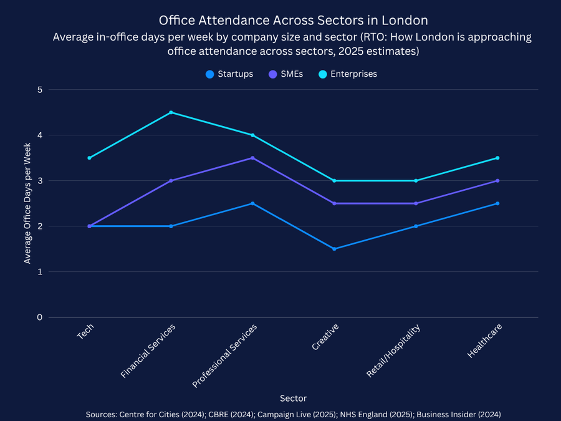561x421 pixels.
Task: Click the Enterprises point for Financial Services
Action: (171, 112)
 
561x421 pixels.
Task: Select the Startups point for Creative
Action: (334, 249)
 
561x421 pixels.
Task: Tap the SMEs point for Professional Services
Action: (252, 158)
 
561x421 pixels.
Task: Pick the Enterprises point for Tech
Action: (89, 158)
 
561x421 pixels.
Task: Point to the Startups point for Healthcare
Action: (497, 203)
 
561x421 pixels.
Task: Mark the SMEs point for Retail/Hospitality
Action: (416, 203)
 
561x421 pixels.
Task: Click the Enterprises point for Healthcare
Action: (497, 158)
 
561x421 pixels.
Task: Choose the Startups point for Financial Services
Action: (171, 226)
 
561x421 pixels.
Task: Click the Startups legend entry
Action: (229, 74)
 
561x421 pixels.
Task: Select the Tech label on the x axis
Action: (86, 332)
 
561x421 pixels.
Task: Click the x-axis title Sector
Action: (293, 398)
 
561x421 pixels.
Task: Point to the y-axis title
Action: (27, 203)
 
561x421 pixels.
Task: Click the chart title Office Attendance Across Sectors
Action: (293, 21)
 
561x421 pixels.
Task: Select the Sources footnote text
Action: (293, 414)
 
